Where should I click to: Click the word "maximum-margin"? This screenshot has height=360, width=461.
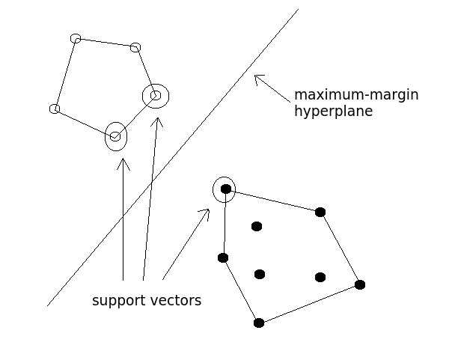(x=355, y=95)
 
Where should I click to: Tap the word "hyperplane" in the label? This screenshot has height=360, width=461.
(x=333, y=112)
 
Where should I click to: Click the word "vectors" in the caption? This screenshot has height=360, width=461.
(x=174, y=301)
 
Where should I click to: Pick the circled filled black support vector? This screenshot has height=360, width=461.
(x=225, y=189)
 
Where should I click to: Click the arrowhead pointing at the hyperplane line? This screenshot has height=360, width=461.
(x=257, y=76)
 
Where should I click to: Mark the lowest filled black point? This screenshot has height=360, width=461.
(x=259, y=323)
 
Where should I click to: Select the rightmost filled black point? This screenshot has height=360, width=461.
(x=360, y=284)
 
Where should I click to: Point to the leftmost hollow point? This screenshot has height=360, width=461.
(x=55, y=109)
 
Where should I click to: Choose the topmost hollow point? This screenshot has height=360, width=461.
(x=76, y=38)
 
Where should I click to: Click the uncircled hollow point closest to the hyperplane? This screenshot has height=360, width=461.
(x=135, y=48)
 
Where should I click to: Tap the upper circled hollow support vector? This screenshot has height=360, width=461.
(x=156, y=95)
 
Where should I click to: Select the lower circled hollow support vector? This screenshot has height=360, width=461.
(x=115, y=136)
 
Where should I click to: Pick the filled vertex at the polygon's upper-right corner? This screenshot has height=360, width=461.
(x=320, y=212)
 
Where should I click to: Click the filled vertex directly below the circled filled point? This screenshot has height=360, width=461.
(x=223, y=257)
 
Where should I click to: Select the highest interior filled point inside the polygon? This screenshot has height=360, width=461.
(x=257, y=226)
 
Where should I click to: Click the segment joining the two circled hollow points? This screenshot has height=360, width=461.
(x=135, y=116)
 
